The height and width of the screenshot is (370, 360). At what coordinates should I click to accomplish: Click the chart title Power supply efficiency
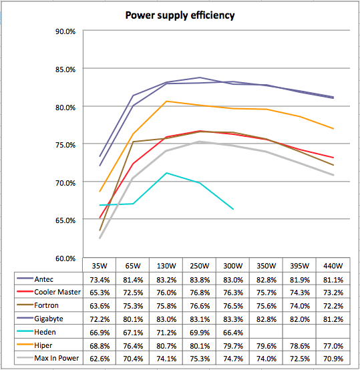click(x=180, y=15)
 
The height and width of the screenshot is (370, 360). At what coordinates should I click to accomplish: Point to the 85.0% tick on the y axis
click(x=65, y=69)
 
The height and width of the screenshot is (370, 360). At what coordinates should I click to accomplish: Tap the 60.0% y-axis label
click(x=65, y=258)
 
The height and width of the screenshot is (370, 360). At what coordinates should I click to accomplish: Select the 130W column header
click(x=166, y=266)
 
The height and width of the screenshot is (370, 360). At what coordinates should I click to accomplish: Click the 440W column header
click(x=333, y=266)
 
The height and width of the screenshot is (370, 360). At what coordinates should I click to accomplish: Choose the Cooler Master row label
click(x=57, y=292)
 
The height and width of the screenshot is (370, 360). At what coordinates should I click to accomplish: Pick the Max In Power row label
click(x=57, y=358)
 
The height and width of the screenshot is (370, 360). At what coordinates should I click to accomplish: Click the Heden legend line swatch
click(x=25, y=331)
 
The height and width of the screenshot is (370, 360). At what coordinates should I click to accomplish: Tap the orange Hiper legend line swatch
click(x=25, y=345)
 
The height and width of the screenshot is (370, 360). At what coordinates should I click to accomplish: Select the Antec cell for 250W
click(x=200, y=280)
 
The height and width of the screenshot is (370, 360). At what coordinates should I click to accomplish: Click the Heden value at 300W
click(x=233, y=333)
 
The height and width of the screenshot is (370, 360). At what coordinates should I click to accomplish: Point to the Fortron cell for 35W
click(x=100, y=306)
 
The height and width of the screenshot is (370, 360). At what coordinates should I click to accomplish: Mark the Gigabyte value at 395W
click(x=300, y=319)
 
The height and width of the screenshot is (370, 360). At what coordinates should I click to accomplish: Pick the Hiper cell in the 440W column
click(x=333, y=346)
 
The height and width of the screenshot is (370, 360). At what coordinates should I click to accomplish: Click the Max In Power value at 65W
click(x=133, y=359)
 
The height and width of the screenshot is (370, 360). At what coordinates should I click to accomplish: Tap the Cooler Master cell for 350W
click(x=266, y=293)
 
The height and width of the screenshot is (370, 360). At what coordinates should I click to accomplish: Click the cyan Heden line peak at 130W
click(x=166, y=173)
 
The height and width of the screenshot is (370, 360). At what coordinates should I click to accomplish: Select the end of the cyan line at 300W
click(x=233, y=209)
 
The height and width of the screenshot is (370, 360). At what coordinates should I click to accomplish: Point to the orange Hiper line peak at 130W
click(x=166, y=102)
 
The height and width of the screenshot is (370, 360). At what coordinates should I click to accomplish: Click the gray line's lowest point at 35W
click(x=100, y=238)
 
